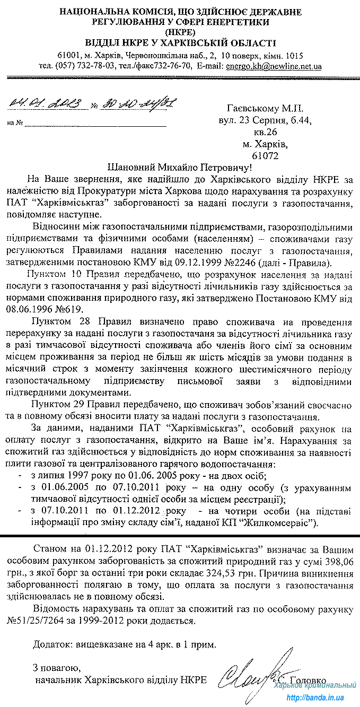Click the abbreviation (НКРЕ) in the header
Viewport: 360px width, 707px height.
[180, 32]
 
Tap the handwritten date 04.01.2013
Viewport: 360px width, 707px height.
[46, 103]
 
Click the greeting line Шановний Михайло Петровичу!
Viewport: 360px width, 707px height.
[180, 167]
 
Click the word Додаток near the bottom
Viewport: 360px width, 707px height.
[52, 644]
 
